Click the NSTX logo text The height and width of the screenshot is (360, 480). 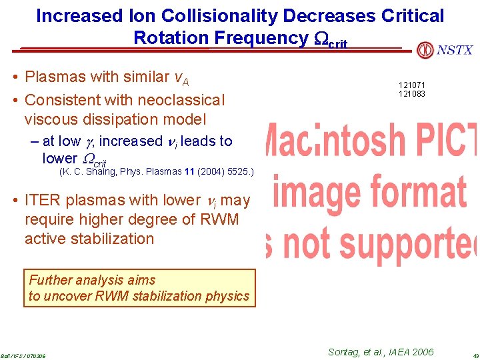click(x=455, y=50)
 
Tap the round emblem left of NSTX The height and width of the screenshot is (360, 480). click(x=425, y=50)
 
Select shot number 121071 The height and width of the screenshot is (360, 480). click(x=412, y=85)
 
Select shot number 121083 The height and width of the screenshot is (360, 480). click(x=412, y=94)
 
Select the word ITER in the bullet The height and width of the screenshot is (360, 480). click(x=43, y=200)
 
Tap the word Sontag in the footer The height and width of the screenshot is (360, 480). click(x=347, y=352)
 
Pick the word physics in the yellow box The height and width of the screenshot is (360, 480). click(x=227, y=296)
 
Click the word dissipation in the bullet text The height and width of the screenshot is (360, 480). click(x=116, y=119)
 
